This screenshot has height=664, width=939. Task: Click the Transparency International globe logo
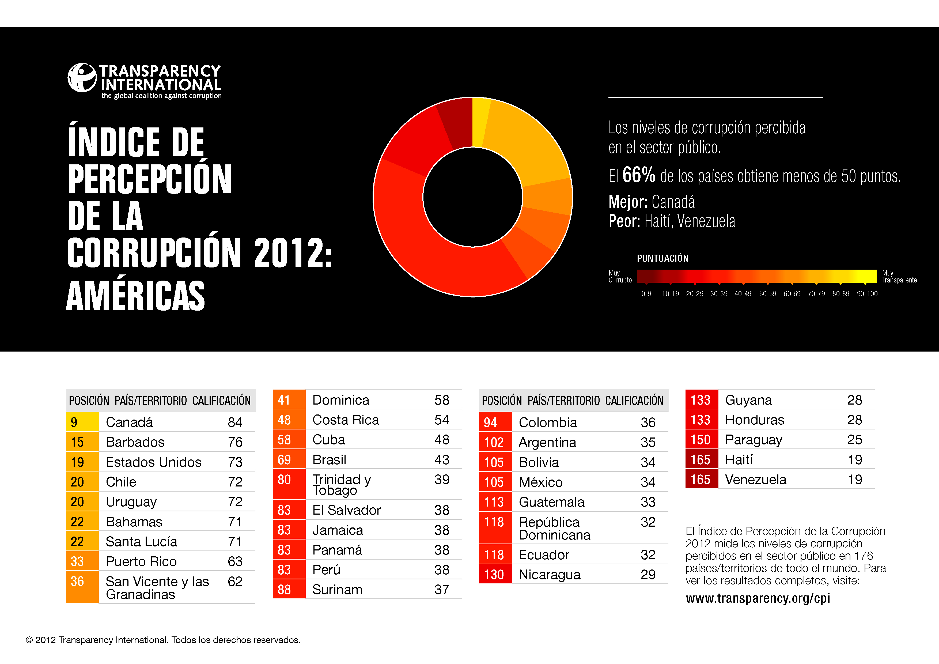tap(82, 78)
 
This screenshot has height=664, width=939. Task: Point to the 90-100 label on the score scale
tap(867, 294)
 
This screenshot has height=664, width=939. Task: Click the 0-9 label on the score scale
tap(646, 294)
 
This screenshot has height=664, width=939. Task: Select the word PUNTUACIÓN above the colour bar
tap(662, 259)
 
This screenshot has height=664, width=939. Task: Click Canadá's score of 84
tap(235, 422)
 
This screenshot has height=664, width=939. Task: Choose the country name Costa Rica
tap(346, 420)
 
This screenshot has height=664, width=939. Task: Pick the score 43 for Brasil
tap(442, 460)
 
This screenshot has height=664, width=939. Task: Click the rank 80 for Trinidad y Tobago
tap(284, 480)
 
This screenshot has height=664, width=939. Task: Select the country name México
tap(541, 482)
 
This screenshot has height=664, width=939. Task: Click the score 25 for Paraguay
tap(855, 440)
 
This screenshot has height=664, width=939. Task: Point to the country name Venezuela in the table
tap(755, 480)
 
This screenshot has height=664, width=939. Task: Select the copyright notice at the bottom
tap(163, 640)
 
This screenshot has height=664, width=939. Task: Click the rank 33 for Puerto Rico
tap(77, 562)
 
